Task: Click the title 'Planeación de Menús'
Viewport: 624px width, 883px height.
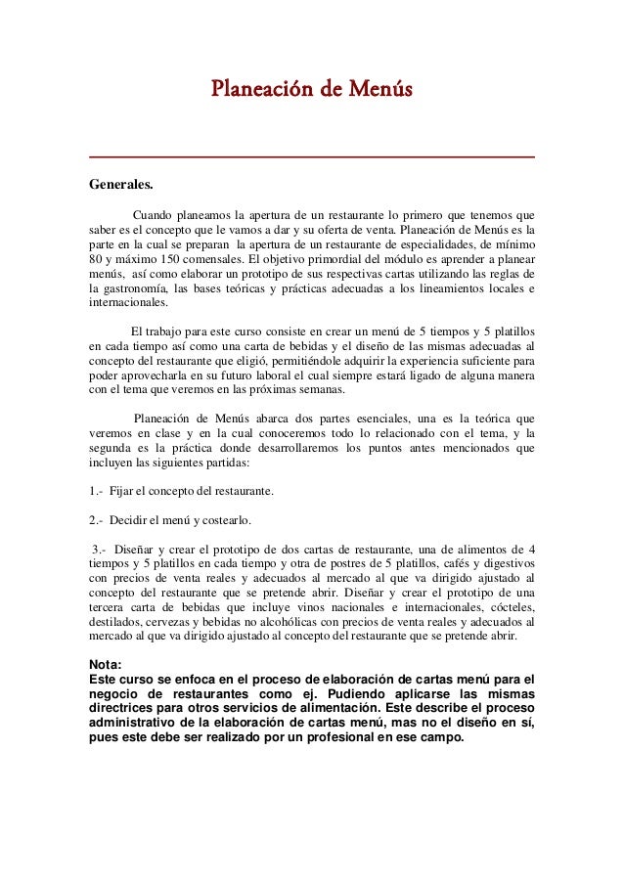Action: pos(312,91)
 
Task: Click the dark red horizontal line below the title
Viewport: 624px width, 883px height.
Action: pos(312,157)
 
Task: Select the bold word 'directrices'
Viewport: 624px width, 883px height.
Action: pos(129,709)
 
